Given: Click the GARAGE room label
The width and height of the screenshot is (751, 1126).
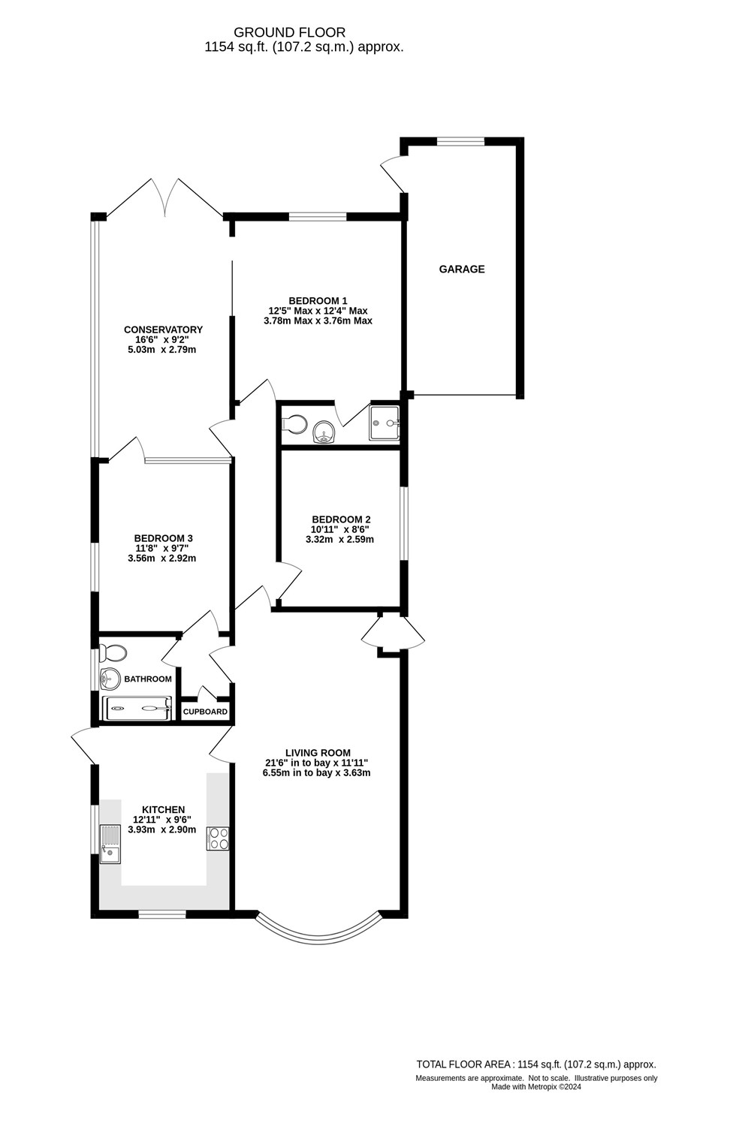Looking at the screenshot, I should point(462,269).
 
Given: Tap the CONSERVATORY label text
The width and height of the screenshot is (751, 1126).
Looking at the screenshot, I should point(163,330).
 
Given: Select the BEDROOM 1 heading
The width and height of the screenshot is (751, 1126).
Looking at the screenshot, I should point(318,300).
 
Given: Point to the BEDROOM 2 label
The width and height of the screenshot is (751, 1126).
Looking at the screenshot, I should point(341,519).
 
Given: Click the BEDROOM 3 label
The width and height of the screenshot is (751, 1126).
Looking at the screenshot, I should point(163,538).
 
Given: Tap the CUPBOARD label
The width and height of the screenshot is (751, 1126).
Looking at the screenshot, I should point(205,712).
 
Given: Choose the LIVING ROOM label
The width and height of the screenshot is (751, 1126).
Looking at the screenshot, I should point(318,753).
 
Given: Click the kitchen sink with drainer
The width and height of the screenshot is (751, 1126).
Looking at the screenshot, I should point(110,844).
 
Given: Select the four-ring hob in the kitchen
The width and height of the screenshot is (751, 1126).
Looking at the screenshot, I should point(218,838).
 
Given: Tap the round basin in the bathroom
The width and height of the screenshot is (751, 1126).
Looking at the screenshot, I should point(110,679).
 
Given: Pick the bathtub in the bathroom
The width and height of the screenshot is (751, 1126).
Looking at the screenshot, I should point(137,708).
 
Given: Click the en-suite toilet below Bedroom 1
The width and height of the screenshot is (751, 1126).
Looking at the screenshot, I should point(294,424).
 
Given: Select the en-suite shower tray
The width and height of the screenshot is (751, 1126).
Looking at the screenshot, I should point(384,423).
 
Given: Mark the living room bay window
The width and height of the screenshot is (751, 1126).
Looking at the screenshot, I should point(318,931).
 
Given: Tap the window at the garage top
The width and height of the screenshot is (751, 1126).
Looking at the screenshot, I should point(461,140).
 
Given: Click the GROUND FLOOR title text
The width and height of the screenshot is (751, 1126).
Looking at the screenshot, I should point(289,32).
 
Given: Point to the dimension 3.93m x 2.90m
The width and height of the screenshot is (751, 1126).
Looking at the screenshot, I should point(162,829).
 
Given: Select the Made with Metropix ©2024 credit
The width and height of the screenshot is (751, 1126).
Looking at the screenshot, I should point(536,1086).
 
